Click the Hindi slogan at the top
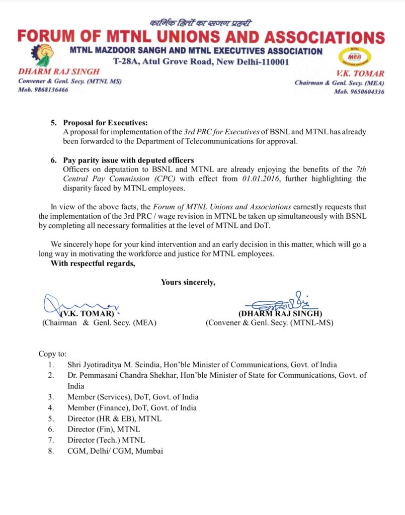[200, 23]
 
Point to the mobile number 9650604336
[366, 92]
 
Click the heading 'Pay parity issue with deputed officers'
[128, 160]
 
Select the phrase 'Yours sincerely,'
[188, 282]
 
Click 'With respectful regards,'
[93, 263]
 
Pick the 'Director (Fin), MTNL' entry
[104, 429]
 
